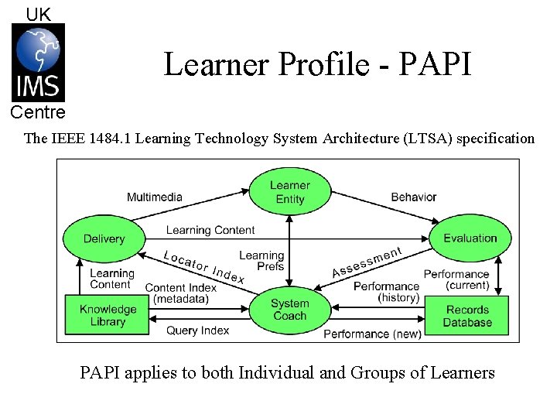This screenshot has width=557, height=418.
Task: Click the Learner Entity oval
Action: coord(289,192)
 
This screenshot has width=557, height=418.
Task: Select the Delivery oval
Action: coord(104,238)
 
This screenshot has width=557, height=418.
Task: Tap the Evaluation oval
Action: coord(470,238)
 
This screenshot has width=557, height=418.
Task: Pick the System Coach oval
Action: coord(289,310)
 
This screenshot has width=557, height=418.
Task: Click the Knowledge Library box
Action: coord(108,316)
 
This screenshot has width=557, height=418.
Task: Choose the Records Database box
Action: coord(467,316)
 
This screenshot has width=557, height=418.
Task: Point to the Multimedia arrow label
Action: coord(155,197)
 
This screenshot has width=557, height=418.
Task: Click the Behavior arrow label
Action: coord(414,197)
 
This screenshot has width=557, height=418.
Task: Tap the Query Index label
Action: coord(198,331)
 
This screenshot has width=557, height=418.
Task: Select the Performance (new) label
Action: coord(372,334)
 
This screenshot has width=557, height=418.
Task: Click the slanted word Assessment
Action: coord(367,262)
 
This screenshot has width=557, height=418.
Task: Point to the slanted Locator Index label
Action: coord(204,266)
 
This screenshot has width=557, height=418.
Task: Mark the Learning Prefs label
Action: coord(261,261)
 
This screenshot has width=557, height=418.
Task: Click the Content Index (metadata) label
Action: coord(181,293)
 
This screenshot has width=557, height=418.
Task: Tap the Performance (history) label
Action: coord(386,292)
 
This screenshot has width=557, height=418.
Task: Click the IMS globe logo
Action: coord(38,63)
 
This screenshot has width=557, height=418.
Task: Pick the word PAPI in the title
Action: coord(435,64)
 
